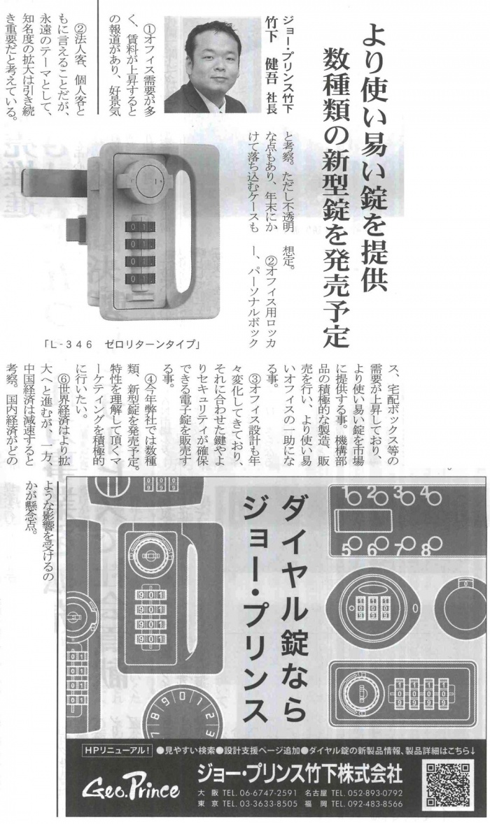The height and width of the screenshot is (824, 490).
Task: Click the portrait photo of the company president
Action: tap(212, 64)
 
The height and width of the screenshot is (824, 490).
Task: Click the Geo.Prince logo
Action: tap(130, 788)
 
